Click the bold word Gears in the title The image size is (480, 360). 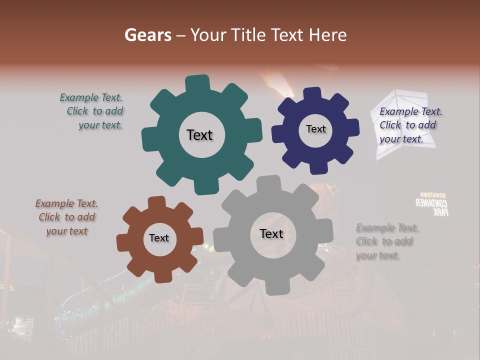147,35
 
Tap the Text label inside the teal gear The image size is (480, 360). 199,135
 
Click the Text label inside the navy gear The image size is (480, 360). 315,129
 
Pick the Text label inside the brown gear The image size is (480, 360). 159,238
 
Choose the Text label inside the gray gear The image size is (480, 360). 271,233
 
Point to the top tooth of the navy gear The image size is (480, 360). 312,93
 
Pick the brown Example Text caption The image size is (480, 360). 67,217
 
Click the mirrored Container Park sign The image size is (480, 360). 433,204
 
